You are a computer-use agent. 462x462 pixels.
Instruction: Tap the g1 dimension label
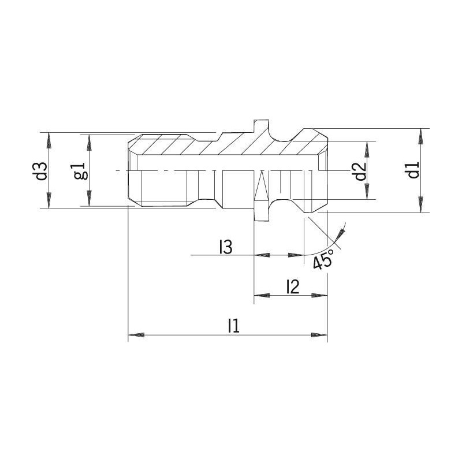click(x=81, y=171)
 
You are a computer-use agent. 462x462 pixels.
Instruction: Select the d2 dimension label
click(x=360, y=171)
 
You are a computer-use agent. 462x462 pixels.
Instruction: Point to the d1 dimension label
click(x=414, y=170)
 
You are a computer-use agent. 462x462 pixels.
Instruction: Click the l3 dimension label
click(x=226, y=247)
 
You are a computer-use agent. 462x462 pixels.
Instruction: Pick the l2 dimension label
click(x=293, y=287)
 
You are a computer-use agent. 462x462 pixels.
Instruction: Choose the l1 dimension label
click(x=234, y=326)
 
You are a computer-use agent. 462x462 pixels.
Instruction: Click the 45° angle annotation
click(x=323, y=259)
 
